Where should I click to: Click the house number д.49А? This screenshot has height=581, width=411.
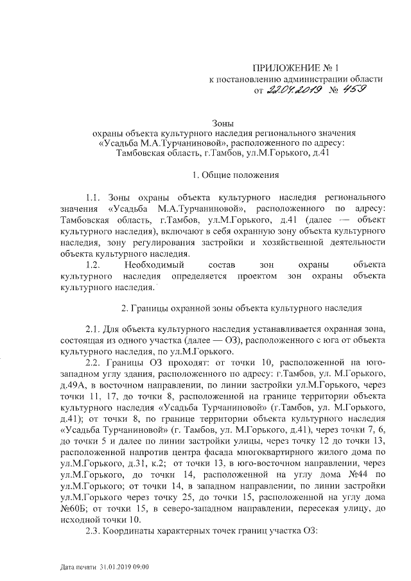tap(73, 385)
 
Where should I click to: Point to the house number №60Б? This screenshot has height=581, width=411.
tap(73, 510)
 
